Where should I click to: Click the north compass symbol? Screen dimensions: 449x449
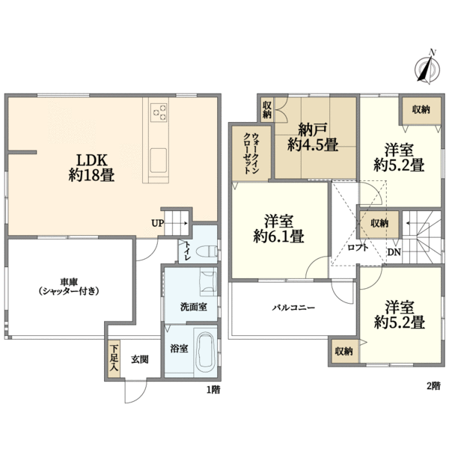[x=427, y=69]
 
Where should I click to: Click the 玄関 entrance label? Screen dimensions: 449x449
[x=139, y=359]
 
